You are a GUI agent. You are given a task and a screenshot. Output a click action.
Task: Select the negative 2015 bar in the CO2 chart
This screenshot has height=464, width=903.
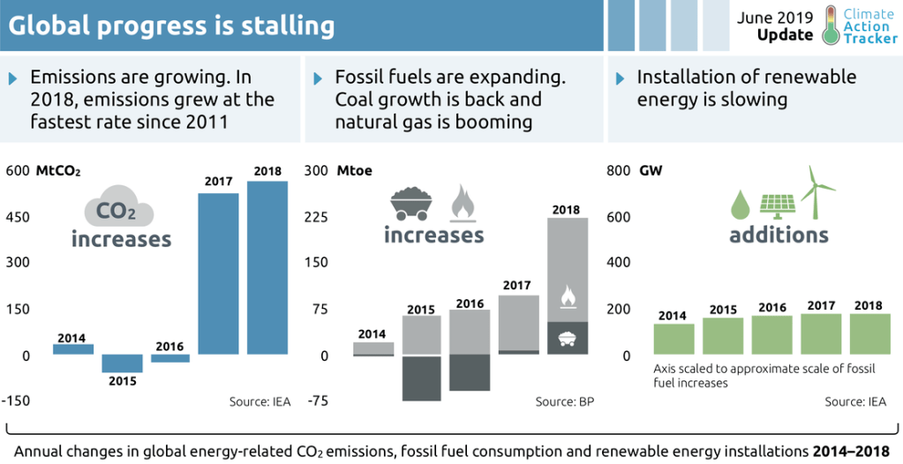coord(122,363)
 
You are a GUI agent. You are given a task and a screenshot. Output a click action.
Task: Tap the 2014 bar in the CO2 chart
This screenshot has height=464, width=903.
coord(73,349)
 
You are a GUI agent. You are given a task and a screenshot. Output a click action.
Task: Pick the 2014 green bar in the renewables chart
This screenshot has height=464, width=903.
coord(673,339)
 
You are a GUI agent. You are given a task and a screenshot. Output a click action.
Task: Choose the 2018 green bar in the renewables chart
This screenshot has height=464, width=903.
coord(870,334)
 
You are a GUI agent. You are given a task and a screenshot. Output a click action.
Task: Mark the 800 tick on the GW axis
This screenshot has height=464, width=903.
coord(620,171)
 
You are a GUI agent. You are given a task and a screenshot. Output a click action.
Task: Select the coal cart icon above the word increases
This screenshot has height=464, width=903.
coord(412,203)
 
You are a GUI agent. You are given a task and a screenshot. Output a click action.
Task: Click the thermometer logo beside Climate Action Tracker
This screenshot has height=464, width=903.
coord(831,26)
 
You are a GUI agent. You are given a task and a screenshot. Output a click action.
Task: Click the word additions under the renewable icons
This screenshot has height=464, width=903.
coord(779,235)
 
